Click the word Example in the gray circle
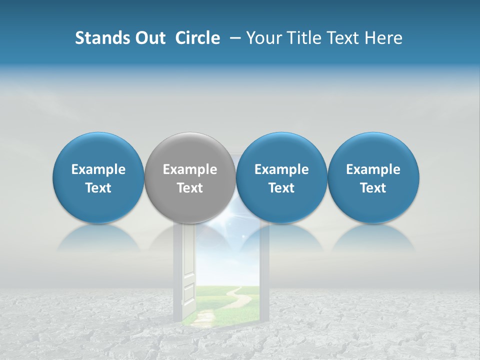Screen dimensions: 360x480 190,169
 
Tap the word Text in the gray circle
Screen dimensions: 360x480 190,188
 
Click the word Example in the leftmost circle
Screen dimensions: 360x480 98,169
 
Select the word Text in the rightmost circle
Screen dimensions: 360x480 373,188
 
